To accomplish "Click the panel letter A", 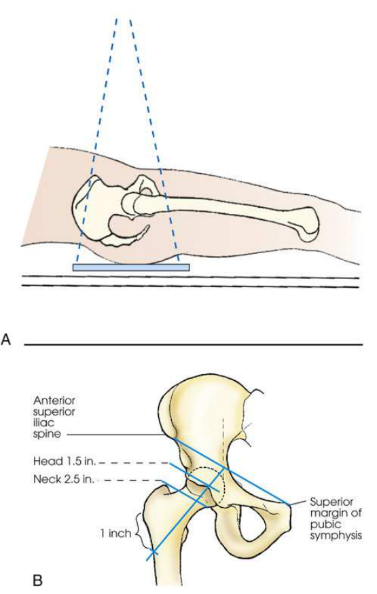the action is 6,339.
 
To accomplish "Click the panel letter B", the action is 37,580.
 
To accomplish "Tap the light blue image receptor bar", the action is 131,267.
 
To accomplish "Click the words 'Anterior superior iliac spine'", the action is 54,417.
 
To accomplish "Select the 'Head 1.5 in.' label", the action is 65,462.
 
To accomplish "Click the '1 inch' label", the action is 115,534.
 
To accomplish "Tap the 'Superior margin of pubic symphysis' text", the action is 336,519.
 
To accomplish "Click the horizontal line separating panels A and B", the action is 193,344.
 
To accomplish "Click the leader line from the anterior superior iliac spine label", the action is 120,435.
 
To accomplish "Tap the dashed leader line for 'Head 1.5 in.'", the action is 133,462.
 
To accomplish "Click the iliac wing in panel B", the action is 204,409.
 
